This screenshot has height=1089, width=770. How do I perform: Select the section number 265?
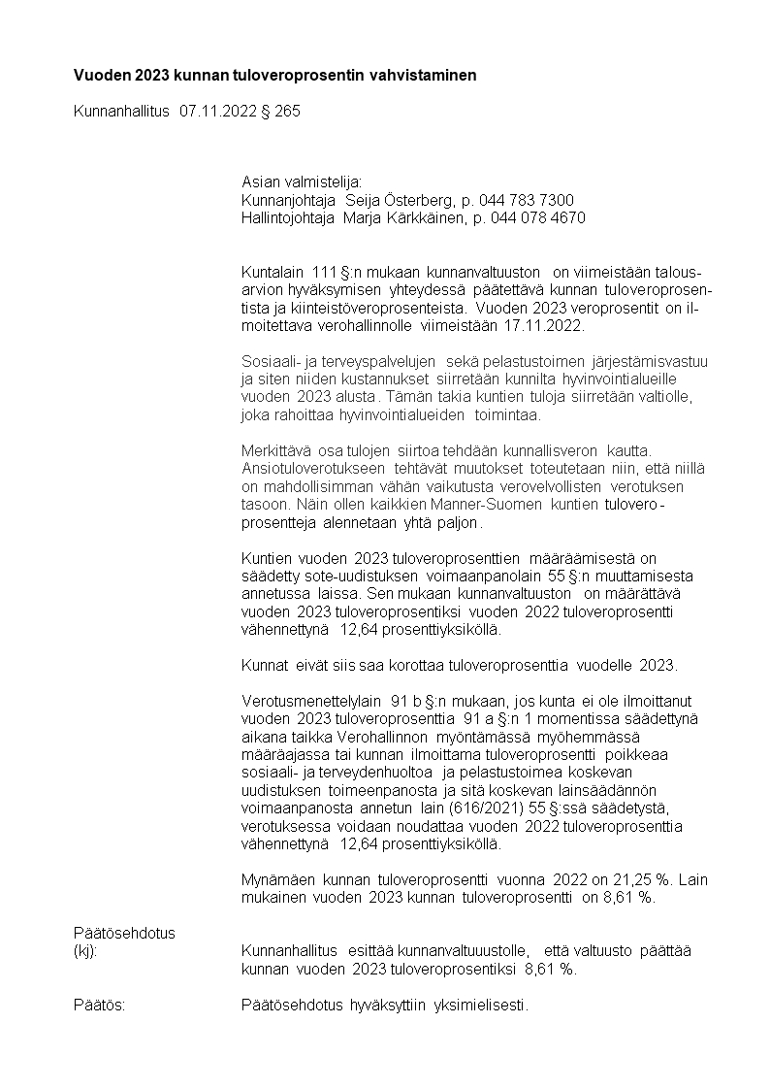[x=287, y=112]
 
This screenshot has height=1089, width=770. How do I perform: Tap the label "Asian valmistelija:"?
[x=302, y=181]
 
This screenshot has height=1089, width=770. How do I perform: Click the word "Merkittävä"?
[x=275, y=451]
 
